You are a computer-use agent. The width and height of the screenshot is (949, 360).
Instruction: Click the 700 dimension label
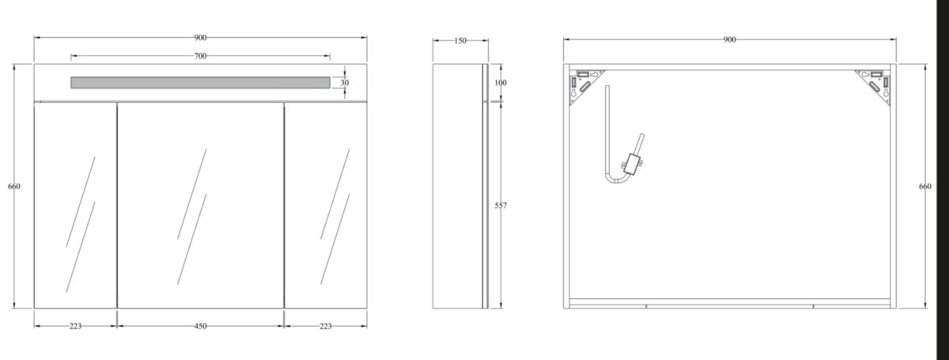tap(200, 56)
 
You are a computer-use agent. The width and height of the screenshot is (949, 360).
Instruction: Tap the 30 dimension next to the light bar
tap(345, 83)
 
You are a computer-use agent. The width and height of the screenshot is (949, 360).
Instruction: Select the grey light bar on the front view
tap(200, 83)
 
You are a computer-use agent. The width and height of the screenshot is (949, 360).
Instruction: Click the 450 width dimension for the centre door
tap(200, 326)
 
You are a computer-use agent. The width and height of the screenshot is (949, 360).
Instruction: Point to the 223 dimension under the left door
tap(75, 326)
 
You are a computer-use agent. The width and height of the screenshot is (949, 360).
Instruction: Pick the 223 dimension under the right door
tap(326, 326)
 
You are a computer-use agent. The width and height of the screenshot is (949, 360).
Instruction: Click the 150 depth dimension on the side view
tap(460, 40)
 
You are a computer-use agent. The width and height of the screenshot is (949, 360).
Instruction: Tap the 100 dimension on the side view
tap(501, 83)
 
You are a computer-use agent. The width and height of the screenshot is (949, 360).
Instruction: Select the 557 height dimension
tap(501, 206)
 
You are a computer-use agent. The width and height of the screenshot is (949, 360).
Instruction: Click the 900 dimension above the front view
tap(200, 38)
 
